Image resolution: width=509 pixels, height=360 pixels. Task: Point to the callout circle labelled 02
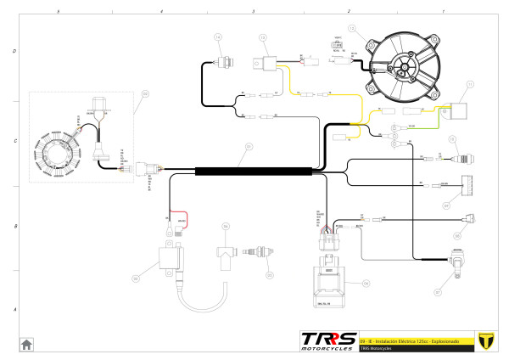(144, 94)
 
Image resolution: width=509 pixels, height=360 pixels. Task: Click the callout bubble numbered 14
(217, 38)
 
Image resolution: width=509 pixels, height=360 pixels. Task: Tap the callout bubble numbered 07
(438, 292)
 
